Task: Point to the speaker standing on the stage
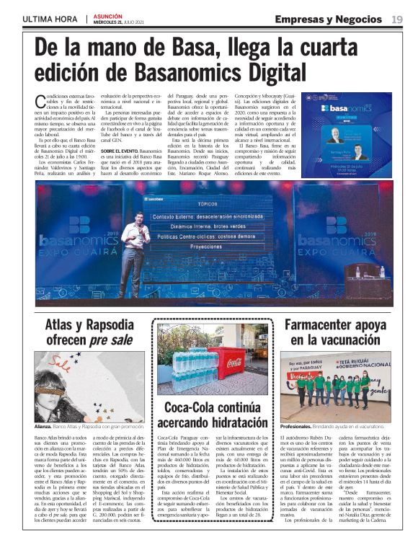135,250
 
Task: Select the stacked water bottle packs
190,366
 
